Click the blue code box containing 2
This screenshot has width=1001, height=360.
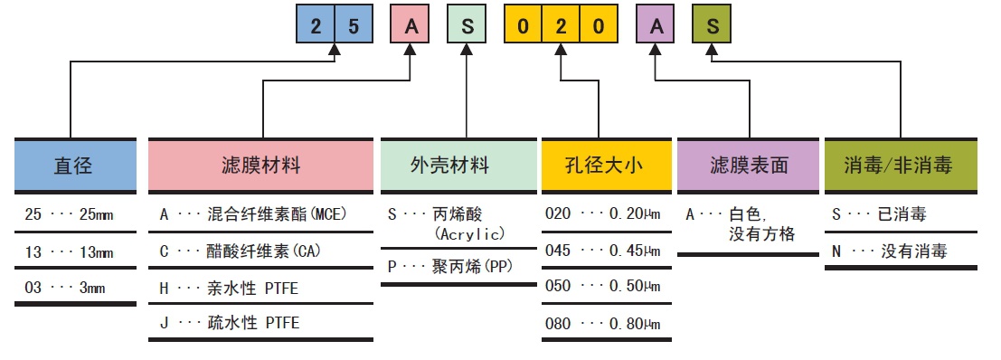(x=316, y=26)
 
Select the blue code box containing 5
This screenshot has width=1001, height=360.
(x=353, y=26)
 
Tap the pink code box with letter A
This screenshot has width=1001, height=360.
(x=411, y=26)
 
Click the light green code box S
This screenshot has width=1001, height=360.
(x=467, y=26)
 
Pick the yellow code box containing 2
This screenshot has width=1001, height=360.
(x=560, y=26)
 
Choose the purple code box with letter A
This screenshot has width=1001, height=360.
(x=656, y=26)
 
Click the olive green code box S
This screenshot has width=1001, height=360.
(x=713, y=26)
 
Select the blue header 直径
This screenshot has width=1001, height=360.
(x=73, y=166)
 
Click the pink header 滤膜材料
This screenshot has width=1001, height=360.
(x=260, y=166)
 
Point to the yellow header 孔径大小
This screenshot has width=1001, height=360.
(x=605, y=166)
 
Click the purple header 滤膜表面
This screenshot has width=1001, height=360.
(x=748, y=166)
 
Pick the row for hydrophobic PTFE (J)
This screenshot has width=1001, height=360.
(x=230, y=323)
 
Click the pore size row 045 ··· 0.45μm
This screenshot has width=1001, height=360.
(x=603, y=251)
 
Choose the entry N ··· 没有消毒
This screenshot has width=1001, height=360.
(x=890, y=251)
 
